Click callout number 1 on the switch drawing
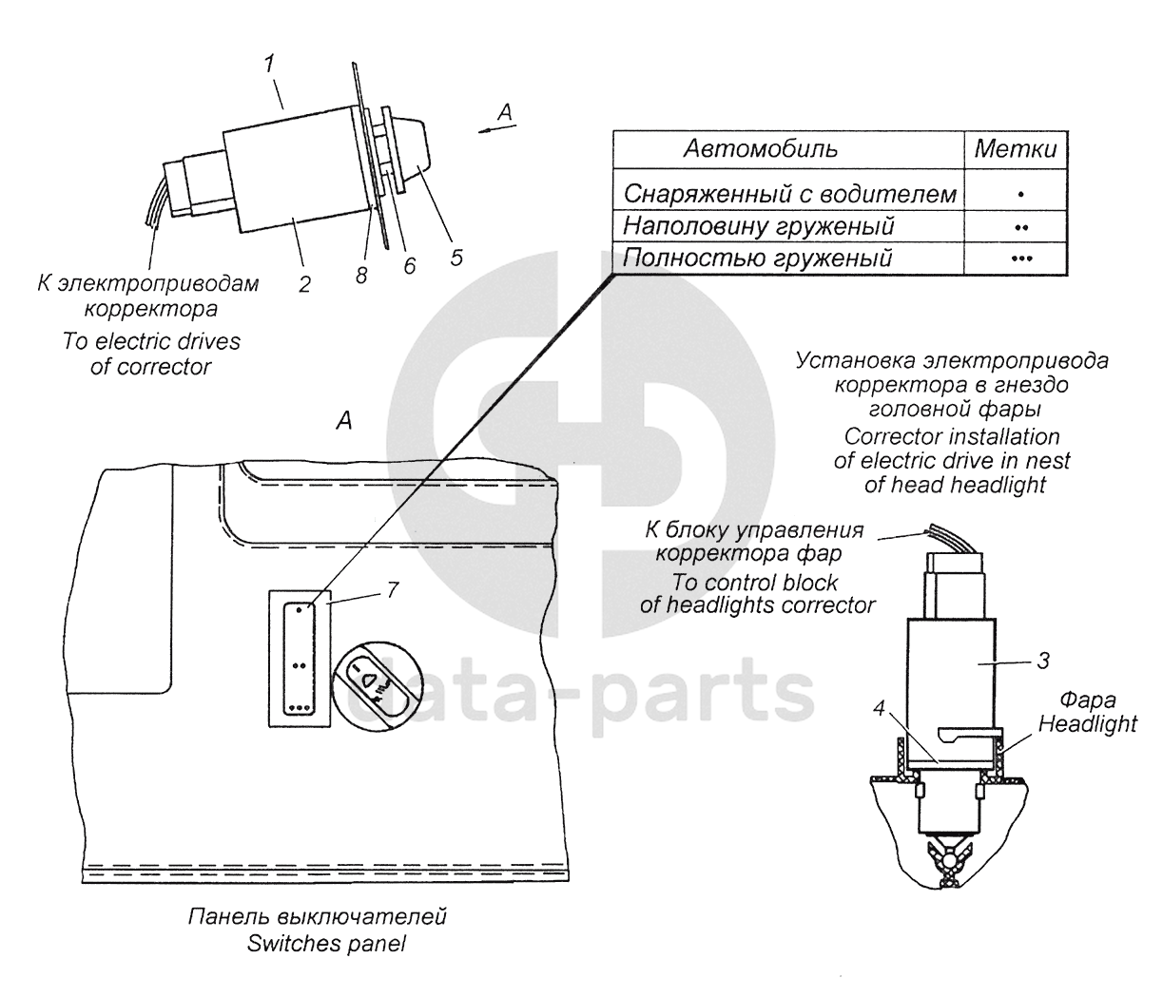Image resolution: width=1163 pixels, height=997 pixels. click(x=270, y=65)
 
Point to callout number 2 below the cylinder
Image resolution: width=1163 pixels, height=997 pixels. click(x=303, y=283)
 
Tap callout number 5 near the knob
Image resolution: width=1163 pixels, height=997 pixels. click(x=456, y=257)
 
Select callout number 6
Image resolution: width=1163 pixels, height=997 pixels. click(x=410, y=267)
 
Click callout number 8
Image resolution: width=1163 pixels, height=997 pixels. click(x=361, y=275)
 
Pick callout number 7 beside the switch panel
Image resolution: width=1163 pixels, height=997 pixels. click(x=391, y=589)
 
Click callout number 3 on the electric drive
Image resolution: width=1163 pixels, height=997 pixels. click(x=1042, y=658)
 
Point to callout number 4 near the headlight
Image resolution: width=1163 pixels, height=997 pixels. click(x=880, y=708)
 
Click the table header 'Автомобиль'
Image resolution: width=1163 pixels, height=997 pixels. click(x=761, y=150)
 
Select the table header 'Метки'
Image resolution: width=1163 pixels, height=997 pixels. click(x=1016, y=150)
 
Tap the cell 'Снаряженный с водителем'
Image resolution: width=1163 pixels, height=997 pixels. click(x=789, y=195)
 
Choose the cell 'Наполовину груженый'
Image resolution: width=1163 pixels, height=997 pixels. click(x=758, y=226)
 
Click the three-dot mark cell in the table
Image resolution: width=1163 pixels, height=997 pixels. click(x=1021, y=258)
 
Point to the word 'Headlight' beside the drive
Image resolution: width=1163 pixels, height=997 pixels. click(x=1087, y=723)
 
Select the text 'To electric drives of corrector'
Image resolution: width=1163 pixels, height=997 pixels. click(x=151, y=354)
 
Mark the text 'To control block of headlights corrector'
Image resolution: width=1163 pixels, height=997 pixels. click(x=757, y=594)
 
